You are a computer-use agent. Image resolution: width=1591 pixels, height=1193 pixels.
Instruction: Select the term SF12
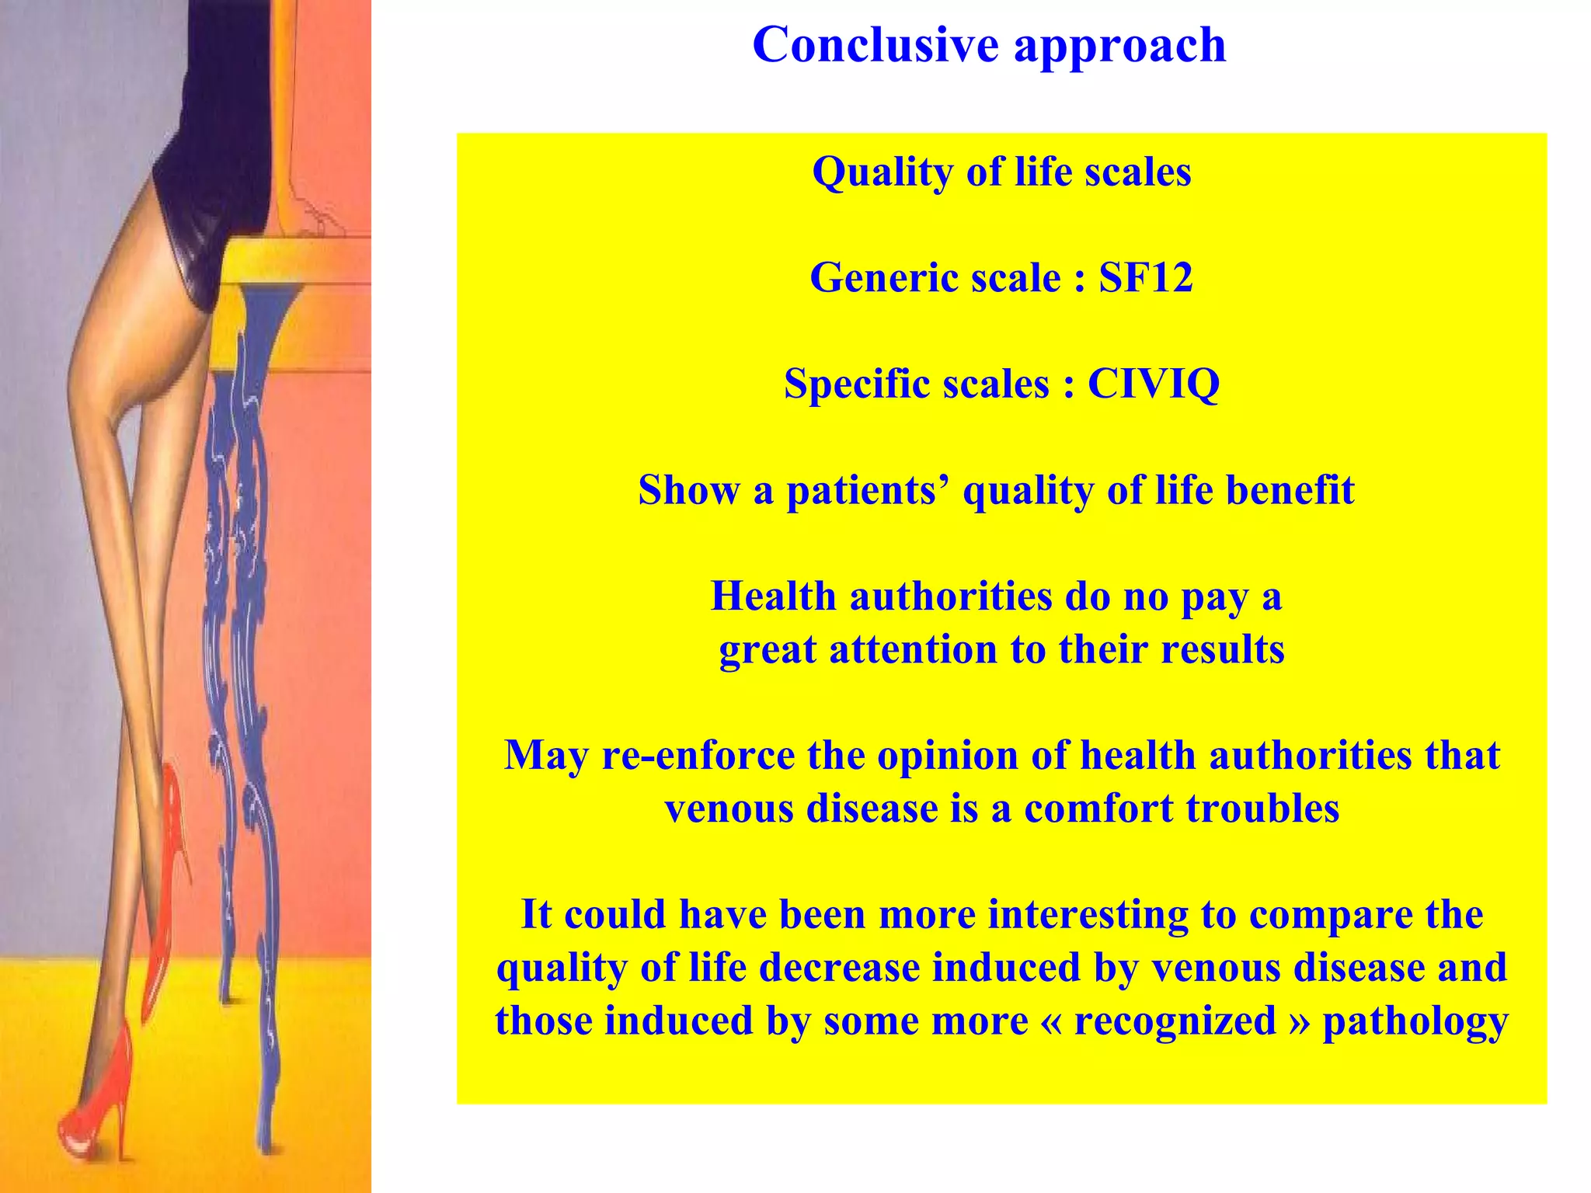pos(1145,277)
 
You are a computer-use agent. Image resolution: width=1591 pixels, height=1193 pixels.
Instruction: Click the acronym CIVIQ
pos(1153,384)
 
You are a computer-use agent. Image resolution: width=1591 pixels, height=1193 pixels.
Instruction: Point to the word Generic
pos(878,277)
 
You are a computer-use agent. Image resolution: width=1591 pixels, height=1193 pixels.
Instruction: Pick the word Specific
pos(849,384)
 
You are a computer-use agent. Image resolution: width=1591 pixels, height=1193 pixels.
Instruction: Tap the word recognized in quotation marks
pos(1175,1021)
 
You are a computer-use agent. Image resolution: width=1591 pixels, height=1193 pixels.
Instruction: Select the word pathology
pos(1415,1022)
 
